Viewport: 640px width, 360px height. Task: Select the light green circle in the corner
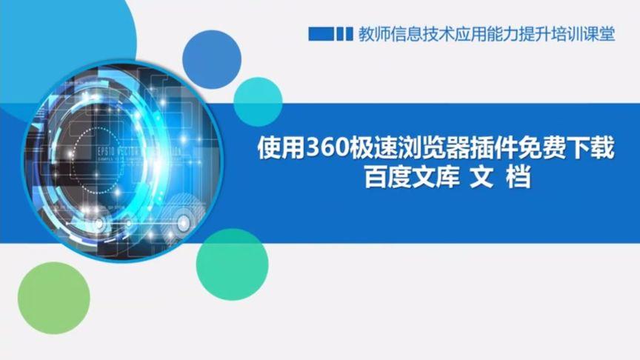pos(53,299)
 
